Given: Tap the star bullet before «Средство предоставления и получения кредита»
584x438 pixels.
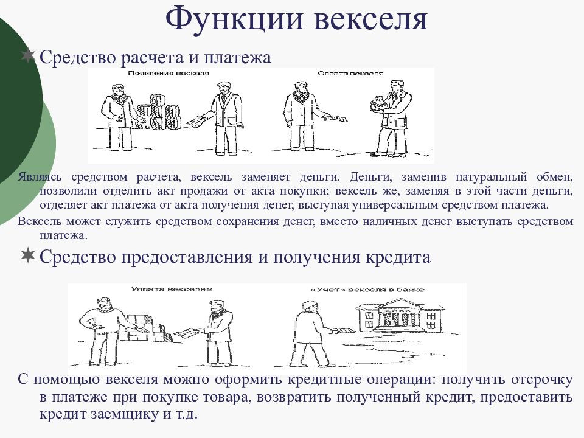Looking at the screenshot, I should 28,256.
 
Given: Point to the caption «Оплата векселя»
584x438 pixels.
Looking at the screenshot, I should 350,73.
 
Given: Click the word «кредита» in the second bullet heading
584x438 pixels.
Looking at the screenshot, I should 401,257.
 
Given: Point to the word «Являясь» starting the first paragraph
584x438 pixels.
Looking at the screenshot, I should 38,177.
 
